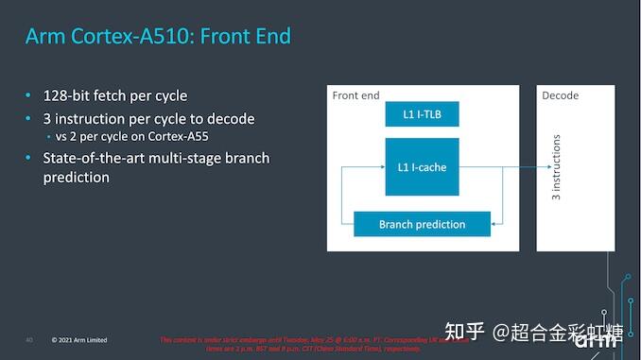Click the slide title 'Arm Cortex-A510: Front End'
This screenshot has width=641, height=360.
click(158, 37)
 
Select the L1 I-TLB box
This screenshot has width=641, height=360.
click(423, 114)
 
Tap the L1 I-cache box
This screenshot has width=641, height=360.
click(423, 167)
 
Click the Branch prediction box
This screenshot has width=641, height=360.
click(423, 224)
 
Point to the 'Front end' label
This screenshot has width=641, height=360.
click(356, 95)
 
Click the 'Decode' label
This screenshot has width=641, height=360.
click(561, 95)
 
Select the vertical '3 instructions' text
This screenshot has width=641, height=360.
click(556, 167)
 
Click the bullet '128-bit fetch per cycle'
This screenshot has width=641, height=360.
click(115, 95)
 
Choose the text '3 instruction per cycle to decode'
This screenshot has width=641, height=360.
click(148, 119)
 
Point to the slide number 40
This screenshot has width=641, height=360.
click(29, 339)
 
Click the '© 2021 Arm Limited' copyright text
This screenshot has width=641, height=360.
click(79, 339)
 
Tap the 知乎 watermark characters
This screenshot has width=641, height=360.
click(465, 332)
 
